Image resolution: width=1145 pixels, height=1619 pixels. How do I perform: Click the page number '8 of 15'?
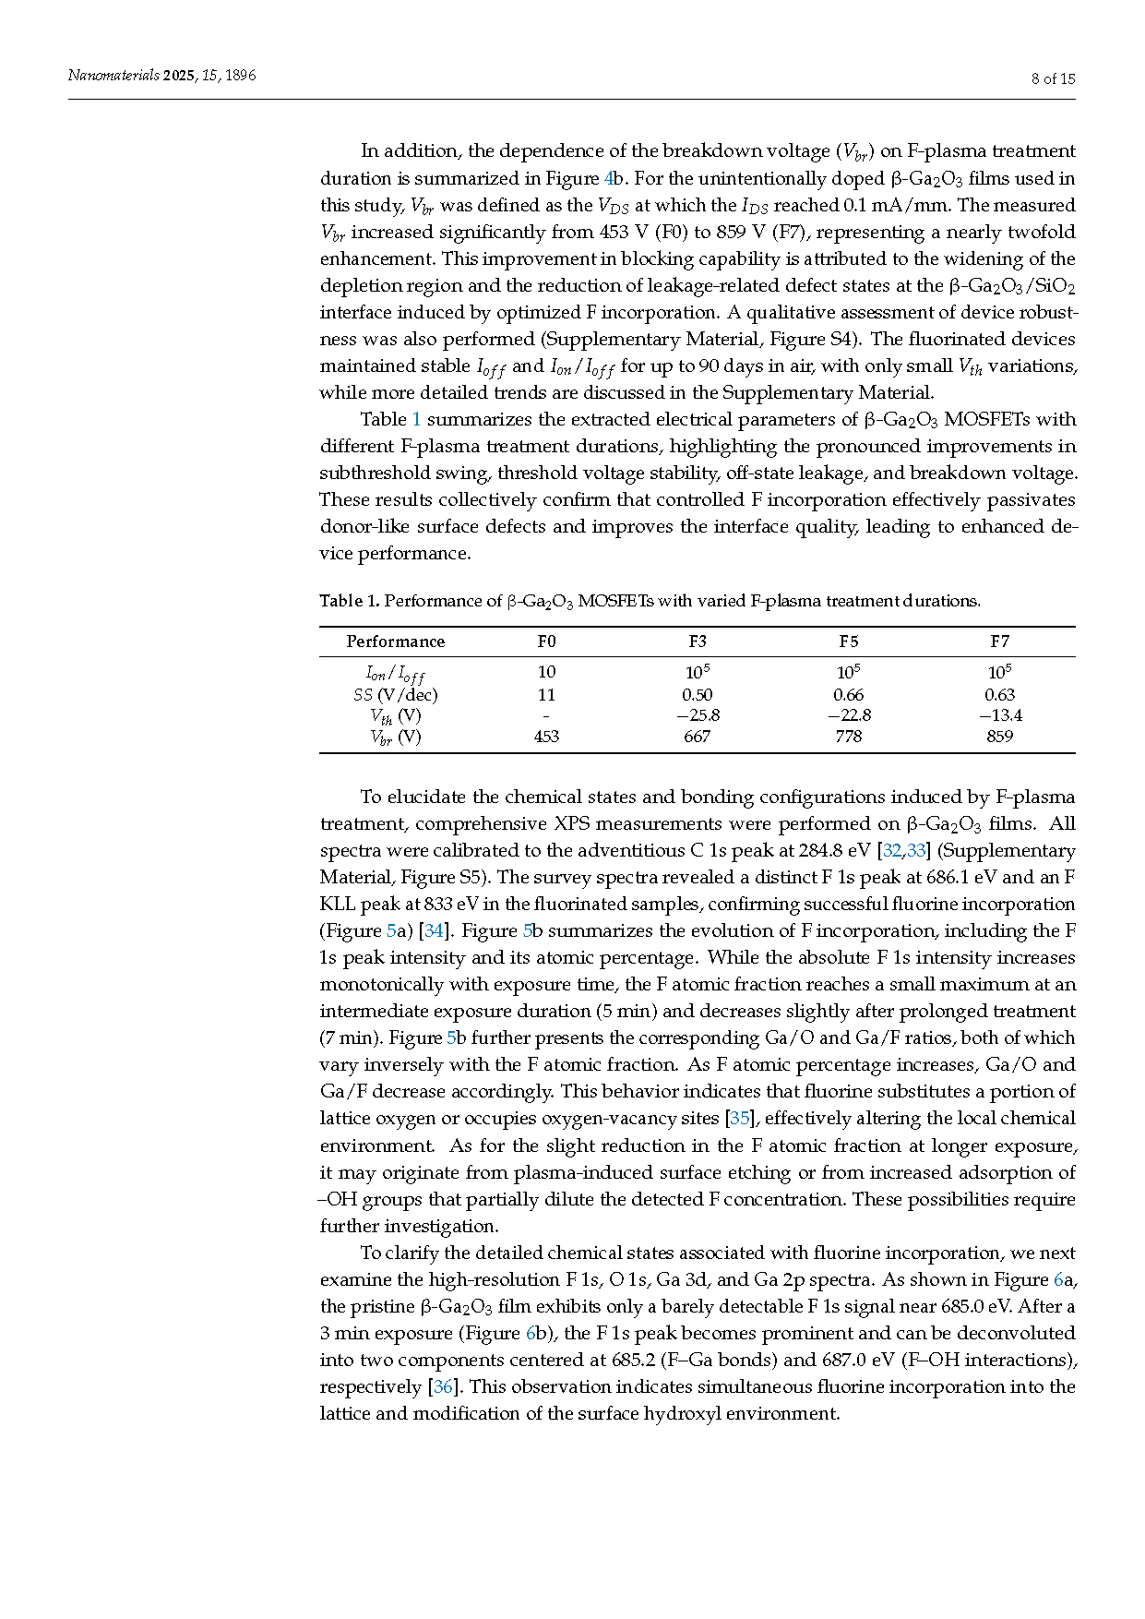[1053, 78]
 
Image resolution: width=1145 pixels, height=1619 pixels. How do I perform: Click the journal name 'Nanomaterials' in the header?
[113, 76]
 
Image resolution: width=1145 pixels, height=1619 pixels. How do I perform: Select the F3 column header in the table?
[698, 642]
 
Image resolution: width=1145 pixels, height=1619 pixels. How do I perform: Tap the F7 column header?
[999, 642]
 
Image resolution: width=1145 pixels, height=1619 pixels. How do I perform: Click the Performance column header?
[395, 642]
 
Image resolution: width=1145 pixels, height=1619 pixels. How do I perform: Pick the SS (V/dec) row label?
[395, 695]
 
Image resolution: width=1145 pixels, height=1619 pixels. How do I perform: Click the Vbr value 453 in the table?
[546, 737]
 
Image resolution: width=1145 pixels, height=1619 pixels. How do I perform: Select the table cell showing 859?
[999, 737]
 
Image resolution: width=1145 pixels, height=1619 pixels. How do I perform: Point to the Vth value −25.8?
[698, 715]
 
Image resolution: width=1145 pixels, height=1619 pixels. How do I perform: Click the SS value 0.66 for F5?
[848, 695]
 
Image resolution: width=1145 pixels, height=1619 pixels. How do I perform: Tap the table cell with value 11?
[546, 695]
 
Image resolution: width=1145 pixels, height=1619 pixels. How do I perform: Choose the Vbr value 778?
[848, 737]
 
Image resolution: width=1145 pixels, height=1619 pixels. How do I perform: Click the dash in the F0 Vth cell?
[546, 715]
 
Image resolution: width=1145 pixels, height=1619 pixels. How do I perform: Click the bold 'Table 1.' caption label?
[349, 601]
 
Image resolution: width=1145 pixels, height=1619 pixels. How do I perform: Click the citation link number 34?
[434, 930]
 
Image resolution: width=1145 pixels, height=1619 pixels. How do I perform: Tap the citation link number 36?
[443, 1386]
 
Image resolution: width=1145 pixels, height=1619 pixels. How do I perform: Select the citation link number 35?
[740, 1118]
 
